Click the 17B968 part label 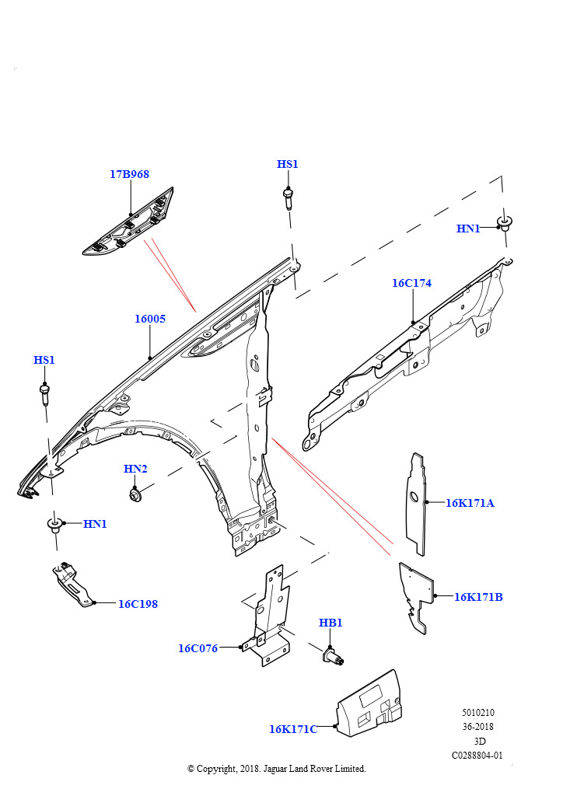coord(129,175)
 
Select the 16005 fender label coord(149,319)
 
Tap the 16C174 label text coord(411,284)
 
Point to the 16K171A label coord(470,503)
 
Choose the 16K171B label coord(478,597)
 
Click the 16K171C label coord(293,729)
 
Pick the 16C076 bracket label coord(198,648)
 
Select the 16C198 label coord(138,604)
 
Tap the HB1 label coord(330,623)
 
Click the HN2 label coord(135,469)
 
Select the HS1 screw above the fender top coord(288,198)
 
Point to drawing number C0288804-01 coord(477,755)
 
